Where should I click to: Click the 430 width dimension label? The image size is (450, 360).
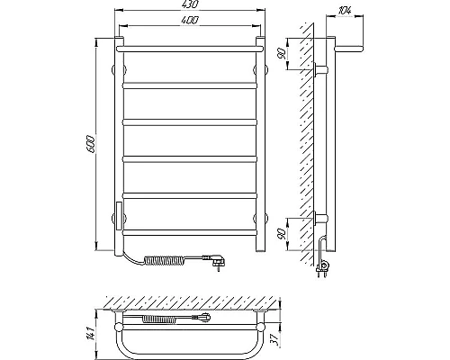[190, 4]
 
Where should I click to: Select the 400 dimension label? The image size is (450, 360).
[190, 20]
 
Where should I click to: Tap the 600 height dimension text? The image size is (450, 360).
[91, 145]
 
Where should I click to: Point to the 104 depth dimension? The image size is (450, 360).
[345, 10]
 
